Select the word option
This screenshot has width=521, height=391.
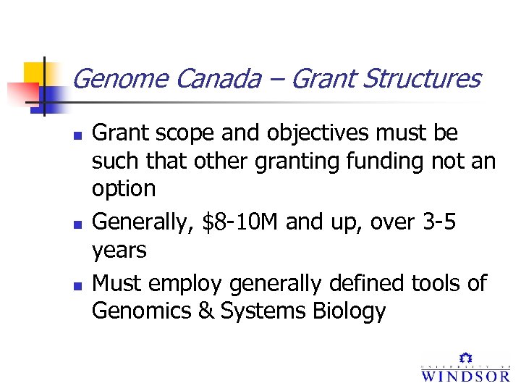(124, 189)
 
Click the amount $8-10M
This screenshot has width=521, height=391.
(242, 222)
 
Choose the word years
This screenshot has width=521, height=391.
(119, 251)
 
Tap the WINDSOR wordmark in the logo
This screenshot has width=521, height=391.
(465, 376)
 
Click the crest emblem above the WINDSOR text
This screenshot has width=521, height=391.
(467, 358)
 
